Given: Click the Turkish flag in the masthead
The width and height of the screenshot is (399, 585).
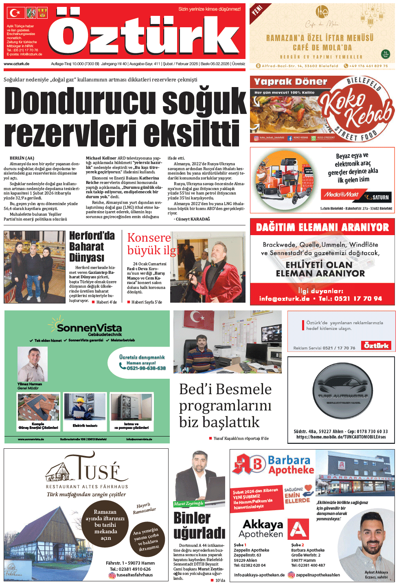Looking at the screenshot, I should click(x=15, y=13).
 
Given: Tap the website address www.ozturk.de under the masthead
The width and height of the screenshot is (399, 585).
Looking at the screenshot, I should click(x=16, y=64).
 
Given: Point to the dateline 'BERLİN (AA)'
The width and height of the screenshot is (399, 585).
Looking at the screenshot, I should click(x=22, y=158).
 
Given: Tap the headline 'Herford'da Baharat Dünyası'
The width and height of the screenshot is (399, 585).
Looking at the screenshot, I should click(x=92, y=247).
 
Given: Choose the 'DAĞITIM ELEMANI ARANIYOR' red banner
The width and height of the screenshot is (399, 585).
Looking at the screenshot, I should click(x=322, y=227).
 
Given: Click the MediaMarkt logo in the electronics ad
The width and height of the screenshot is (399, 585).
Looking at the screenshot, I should click(x=341, y=195).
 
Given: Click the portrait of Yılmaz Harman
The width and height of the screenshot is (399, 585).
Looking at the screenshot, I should click(x=33, y=364).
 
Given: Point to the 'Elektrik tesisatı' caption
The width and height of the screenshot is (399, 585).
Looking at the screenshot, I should click(x=85, y=426).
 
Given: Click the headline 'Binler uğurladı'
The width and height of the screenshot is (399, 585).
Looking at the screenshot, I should click(x=199, y=525).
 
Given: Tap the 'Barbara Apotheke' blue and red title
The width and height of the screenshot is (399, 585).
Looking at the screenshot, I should click(x=291, y=465).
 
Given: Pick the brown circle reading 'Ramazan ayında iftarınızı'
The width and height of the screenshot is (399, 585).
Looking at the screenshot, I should click(x=105, y=525).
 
